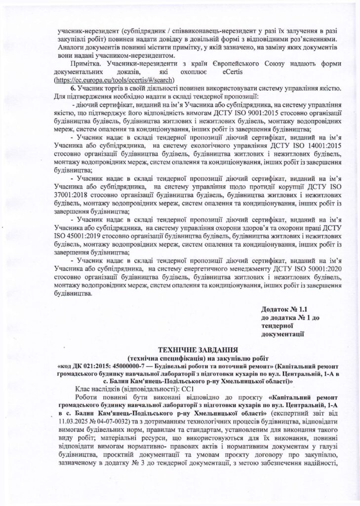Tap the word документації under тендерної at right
pyautogui.click(x=282, y=334)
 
